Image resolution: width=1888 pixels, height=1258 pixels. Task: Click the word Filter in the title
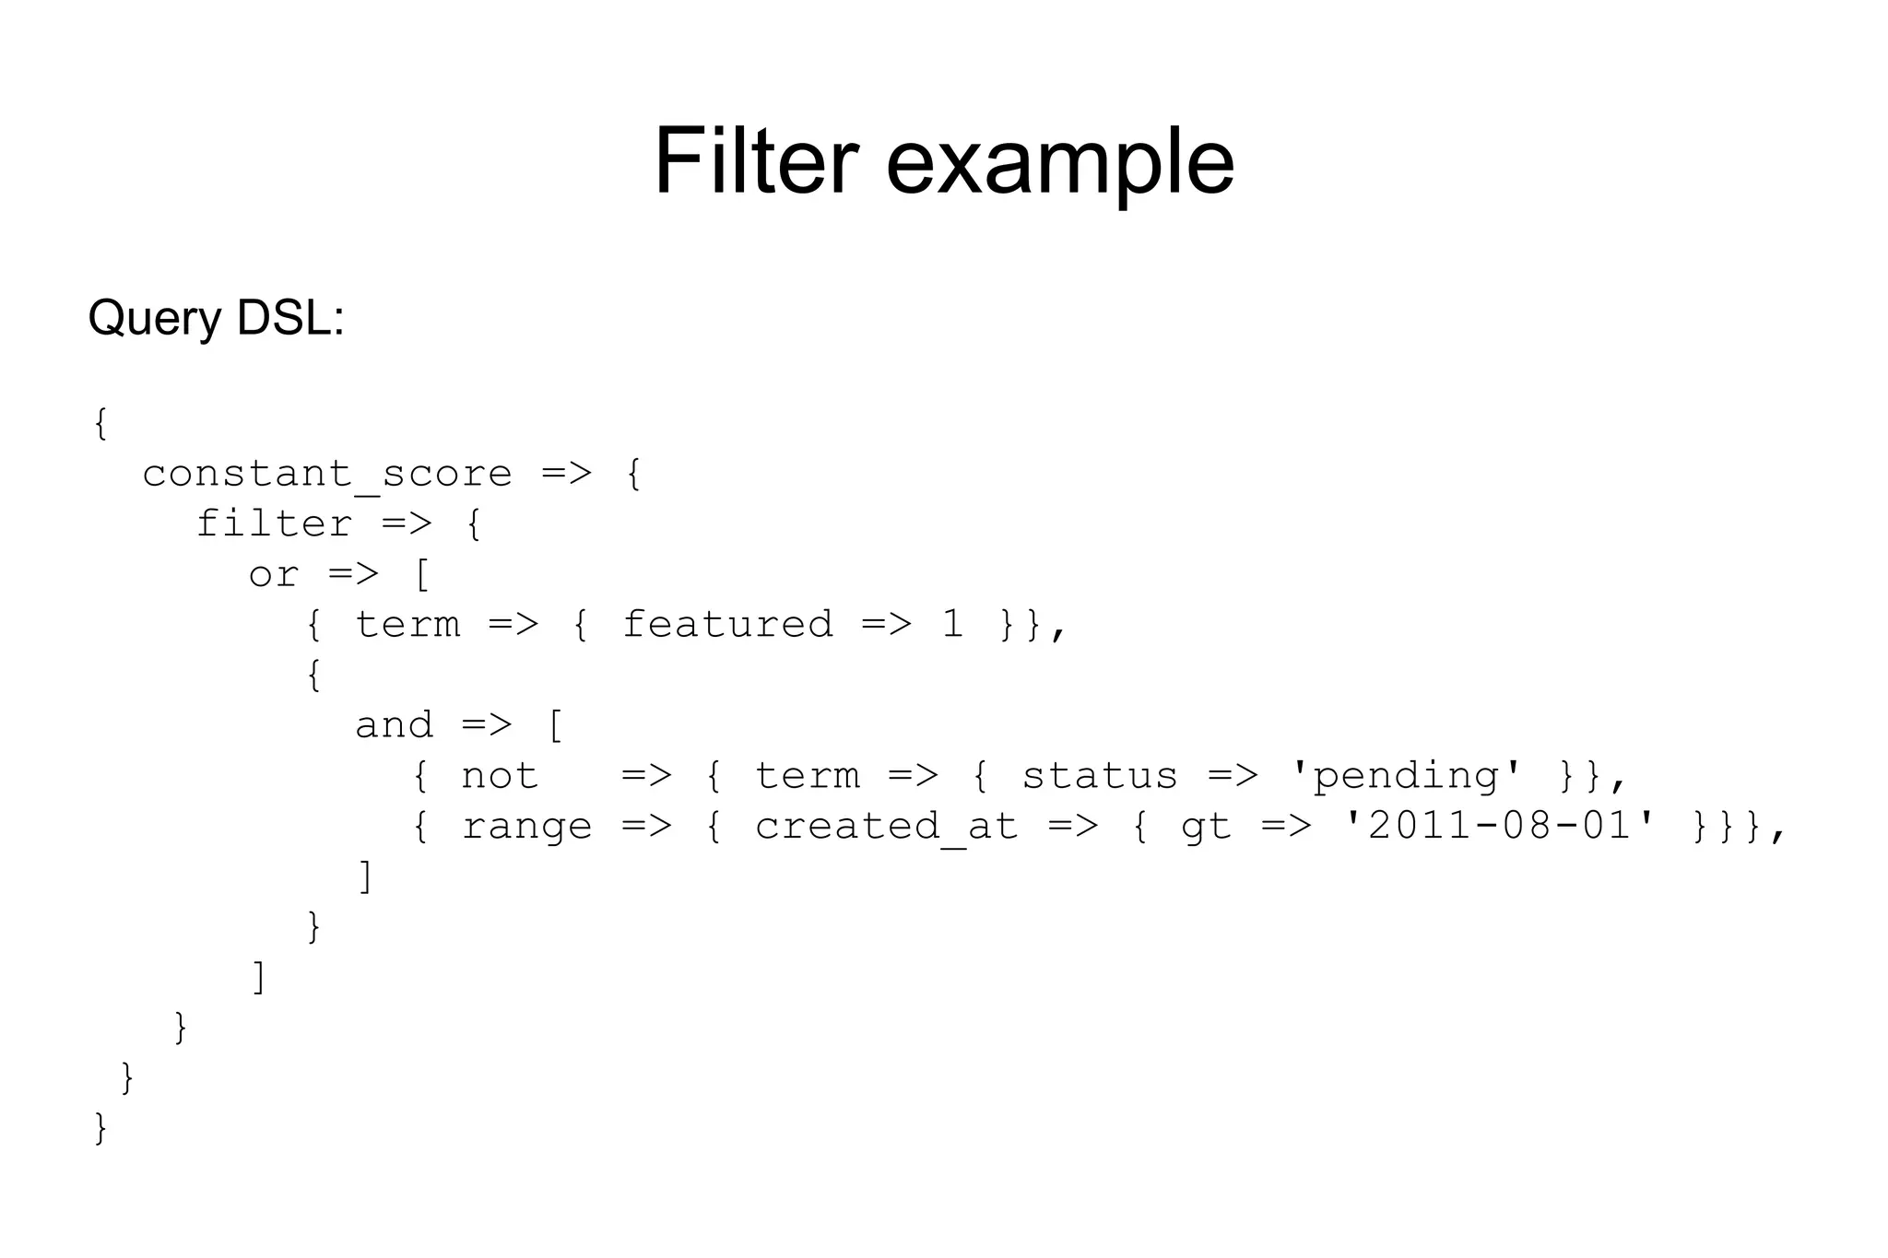coord(756,162)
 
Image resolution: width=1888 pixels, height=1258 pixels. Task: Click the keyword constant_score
coord(327,475)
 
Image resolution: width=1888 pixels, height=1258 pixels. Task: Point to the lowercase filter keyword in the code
coord(275,524)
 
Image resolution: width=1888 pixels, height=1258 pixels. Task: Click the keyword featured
coord(727,625)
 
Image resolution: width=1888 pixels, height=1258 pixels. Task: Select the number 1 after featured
coord(952,625)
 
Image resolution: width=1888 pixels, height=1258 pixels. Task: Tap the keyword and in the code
coord(394,725)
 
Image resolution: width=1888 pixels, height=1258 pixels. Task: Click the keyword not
coord(499,776)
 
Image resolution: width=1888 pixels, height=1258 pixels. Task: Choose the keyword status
coord(1099,776)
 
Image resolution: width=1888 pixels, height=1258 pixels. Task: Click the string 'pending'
coord(1405,776)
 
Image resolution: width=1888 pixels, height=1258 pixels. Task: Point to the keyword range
coord(526,827)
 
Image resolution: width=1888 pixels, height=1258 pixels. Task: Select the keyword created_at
coord(886,827)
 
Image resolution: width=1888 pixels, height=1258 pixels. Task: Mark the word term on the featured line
coord(407,625)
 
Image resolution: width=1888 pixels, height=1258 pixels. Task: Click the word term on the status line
coord(807,776)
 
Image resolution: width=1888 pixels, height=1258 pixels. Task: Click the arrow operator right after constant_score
coord(566,475)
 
